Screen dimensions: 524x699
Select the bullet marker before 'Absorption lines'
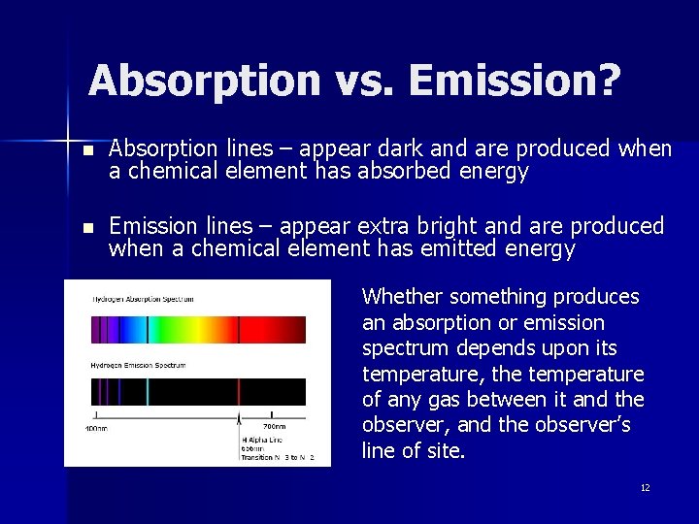click(x=88, y=151)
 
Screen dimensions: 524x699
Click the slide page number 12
click(x=645, y=487)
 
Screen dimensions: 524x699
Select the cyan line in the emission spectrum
click(x=148, y=391)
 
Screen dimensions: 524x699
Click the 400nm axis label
click(x=95, y=428)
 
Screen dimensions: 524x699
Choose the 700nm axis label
click(x=275, y=427)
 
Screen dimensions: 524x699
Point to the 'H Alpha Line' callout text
click(x=263, y=439)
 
